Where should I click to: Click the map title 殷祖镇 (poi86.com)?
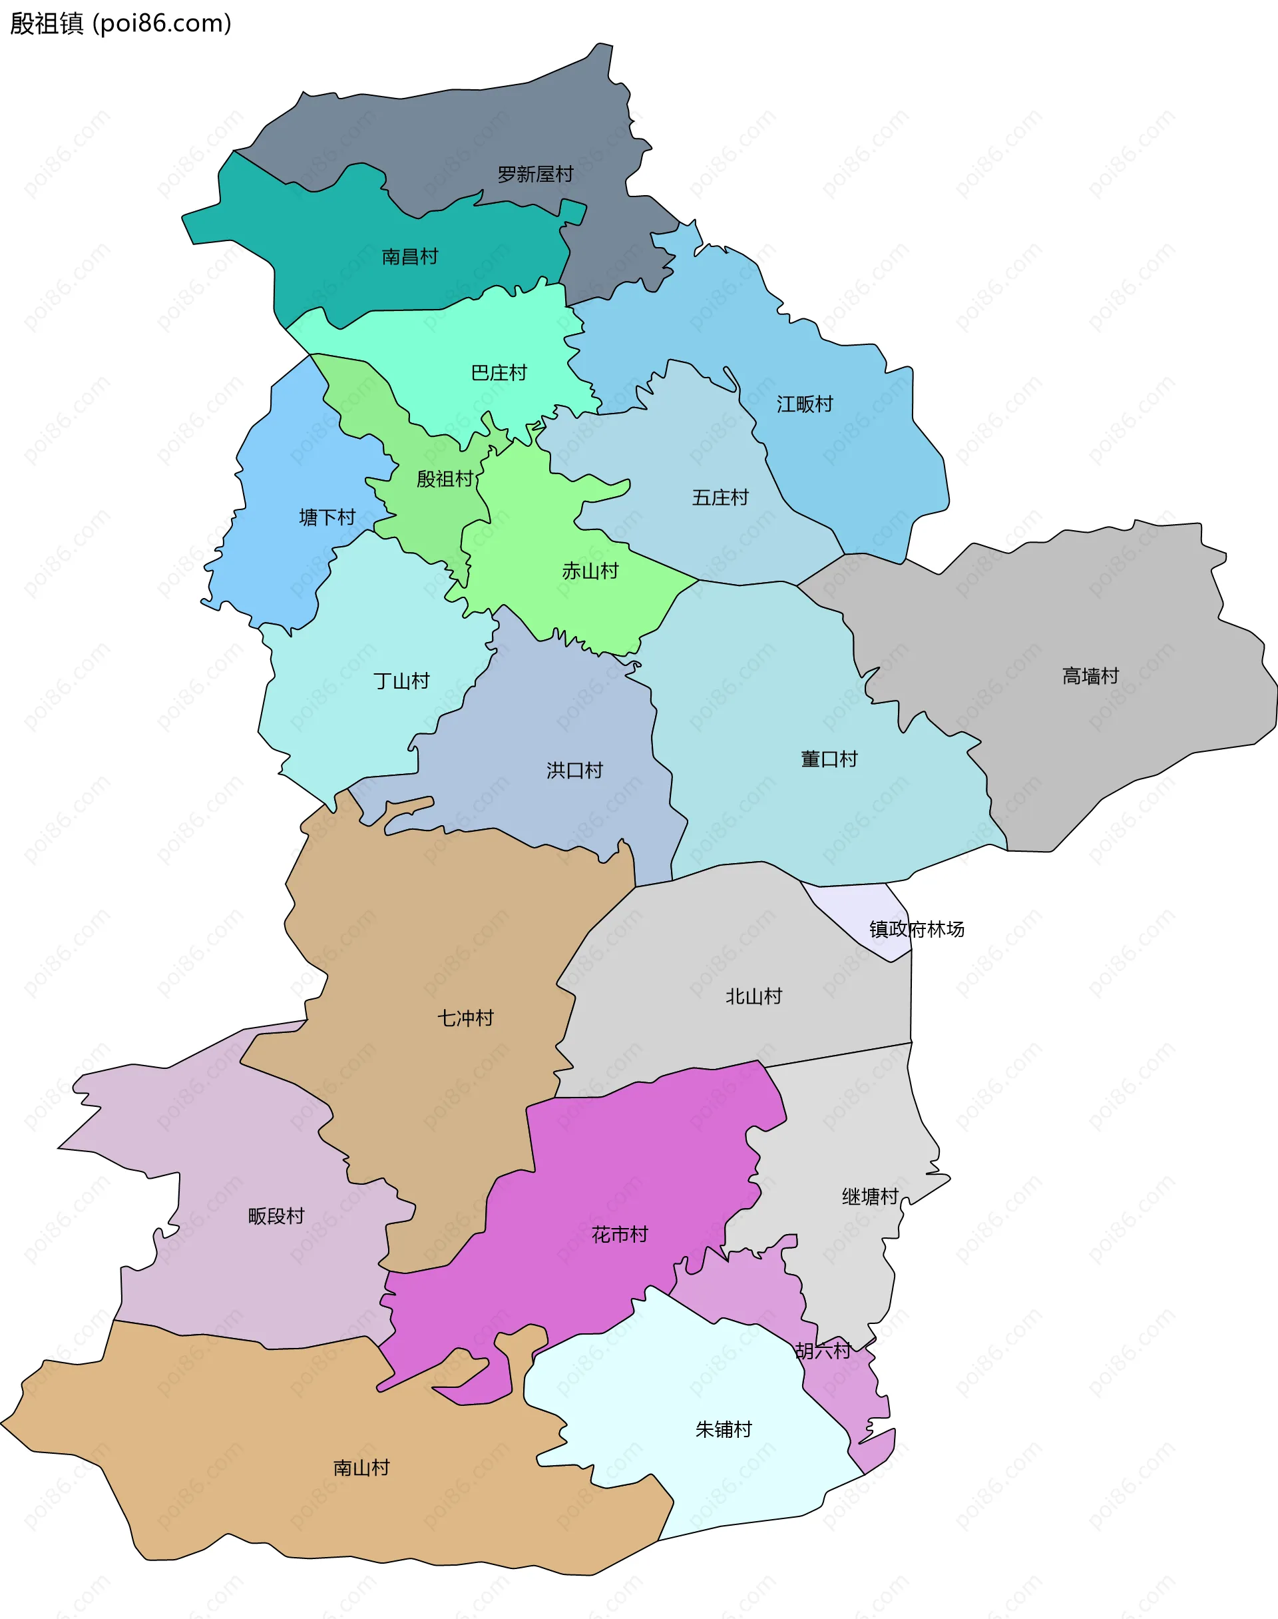120,24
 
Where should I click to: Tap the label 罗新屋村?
535,174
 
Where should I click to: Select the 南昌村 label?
409,256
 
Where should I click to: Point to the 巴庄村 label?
499,373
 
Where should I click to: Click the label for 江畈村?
804,404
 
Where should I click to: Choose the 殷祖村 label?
445,479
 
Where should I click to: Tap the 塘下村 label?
327,517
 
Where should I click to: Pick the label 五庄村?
720,497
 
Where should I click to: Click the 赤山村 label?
590,571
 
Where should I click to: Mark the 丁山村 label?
402,681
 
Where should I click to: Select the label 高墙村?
1090,677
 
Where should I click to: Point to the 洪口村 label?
574,770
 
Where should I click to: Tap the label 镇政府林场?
916,929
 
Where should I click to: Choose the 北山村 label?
753,996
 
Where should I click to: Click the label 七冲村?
465,1018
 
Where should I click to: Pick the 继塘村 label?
869,1197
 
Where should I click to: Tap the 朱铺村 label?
723,1429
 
